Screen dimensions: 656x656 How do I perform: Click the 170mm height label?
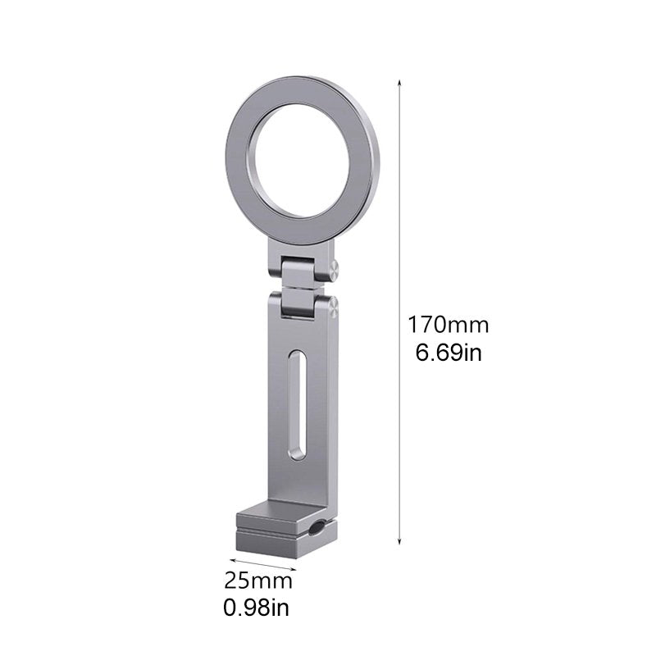(449, 324)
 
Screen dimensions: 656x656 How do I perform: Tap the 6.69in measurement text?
(449, 355)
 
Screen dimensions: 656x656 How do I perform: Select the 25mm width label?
(258, 581)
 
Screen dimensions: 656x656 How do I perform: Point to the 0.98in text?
(257, 608)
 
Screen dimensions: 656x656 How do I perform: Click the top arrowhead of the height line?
(400, 83)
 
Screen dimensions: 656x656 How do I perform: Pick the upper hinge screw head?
(335, 266)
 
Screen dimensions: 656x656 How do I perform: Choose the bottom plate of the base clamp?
(283, 543)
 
